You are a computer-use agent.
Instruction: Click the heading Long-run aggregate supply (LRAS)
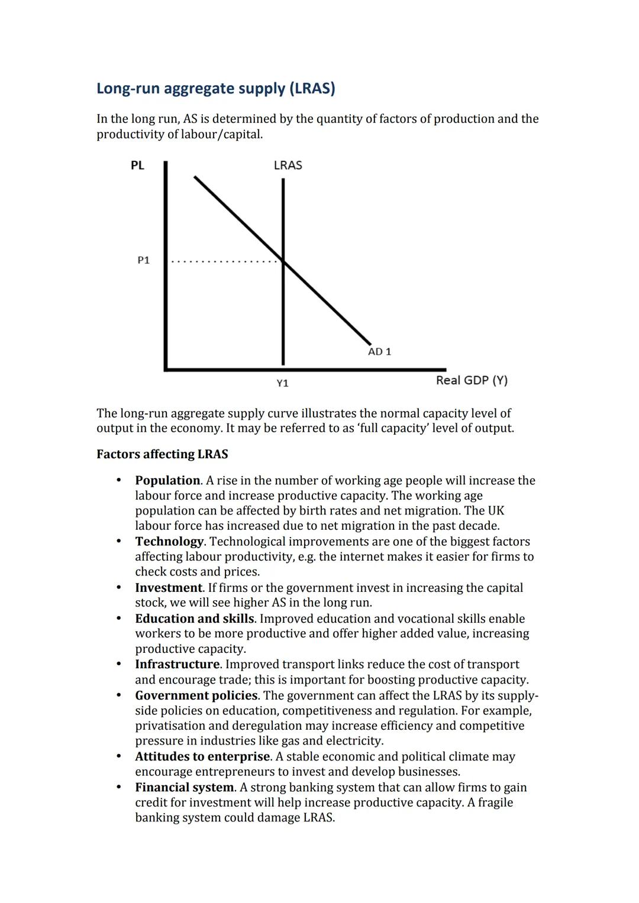tap(215, 89)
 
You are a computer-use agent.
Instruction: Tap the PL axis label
tap(137, 166)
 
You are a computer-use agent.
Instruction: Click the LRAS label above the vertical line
tap(288, 166)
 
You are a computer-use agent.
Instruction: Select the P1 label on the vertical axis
tap(143, 260)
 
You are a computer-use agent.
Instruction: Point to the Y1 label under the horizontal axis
tap(283, 383)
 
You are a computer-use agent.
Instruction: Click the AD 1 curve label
tap(379, 352)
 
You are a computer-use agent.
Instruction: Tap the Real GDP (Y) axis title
tap(472, 380)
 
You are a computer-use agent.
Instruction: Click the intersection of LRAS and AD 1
tap(283, 261)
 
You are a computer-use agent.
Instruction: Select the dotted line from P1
tap(225, 261)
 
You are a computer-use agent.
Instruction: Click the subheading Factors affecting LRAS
tap(162, 454)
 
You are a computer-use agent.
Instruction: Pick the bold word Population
tap(167, 481)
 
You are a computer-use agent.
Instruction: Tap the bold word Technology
tap(169, 542)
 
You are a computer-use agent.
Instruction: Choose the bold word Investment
tap(169, 588)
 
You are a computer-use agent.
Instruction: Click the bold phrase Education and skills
tap(195, 619)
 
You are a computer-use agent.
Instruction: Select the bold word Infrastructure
tap(177, 664)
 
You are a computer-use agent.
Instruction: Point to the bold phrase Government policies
tap(196, 695)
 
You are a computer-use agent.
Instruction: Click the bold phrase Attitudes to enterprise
tap(202, 757)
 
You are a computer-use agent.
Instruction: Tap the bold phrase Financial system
tap(185, 788)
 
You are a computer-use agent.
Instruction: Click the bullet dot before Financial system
tap(119, 787)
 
